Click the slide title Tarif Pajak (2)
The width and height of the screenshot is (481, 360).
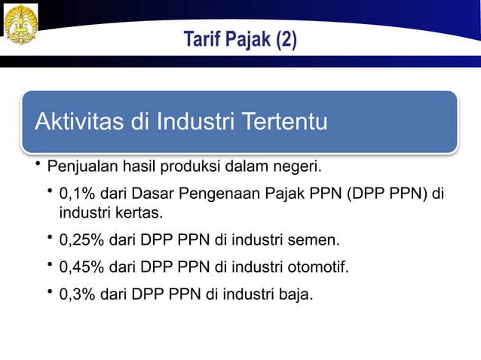click(x=240, y=39)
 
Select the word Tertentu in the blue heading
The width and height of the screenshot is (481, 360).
click(x=283, y=121)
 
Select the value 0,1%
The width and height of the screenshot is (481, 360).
click(x=77, y=194)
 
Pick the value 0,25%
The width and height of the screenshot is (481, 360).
click(x=81, y=241)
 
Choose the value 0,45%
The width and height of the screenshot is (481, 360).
click(x=81, y=267)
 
